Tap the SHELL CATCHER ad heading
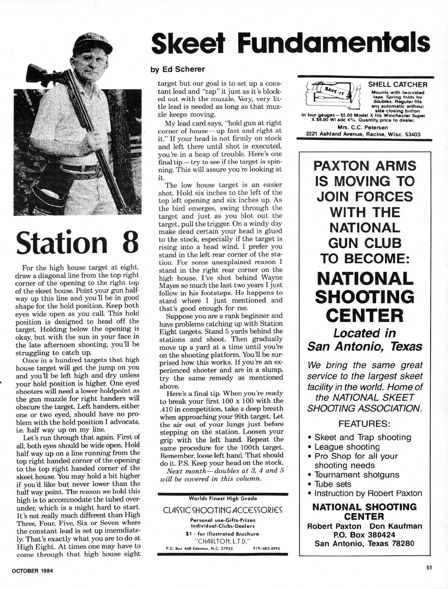click(x=398, y=85)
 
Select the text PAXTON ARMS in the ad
click(x=364, y=165)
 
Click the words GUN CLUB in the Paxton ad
click(x=364, y=243)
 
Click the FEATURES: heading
click(x=364, y=424)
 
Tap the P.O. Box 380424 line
click(x=364, y=535)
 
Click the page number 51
click(x=429, y=568)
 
